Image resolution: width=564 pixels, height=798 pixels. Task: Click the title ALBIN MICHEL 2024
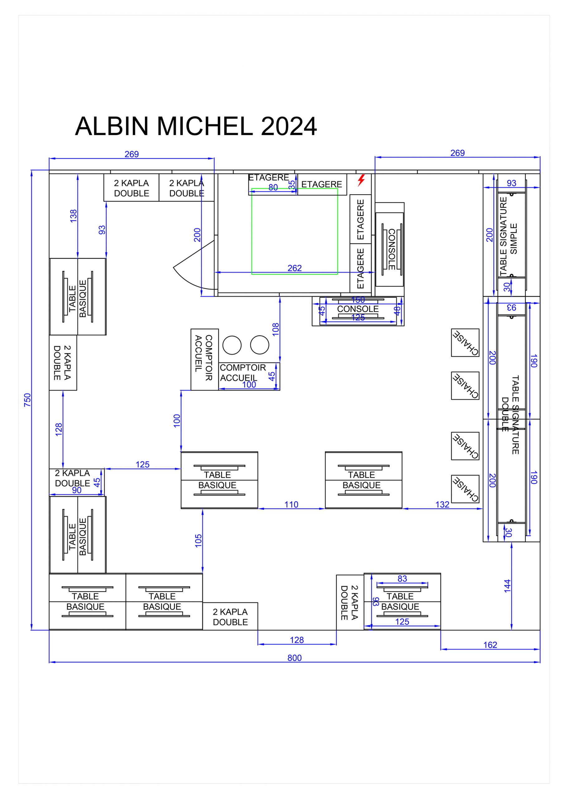[x=196, y=126]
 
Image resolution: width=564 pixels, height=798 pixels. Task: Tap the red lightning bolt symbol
[x=361, y=180]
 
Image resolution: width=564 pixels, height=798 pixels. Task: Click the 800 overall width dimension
[x=294, y=658]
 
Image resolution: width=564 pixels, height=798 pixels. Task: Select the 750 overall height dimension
[x=27, y=400]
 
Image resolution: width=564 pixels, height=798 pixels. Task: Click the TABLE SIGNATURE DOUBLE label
[x=510, y=415]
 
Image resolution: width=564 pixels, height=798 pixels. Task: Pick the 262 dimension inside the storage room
[x=295, y=268]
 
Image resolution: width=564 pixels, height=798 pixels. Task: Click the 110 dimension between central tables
[x=292, y=504]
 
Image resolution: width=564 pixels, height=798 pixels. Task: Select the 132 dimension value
[x=442, y=504]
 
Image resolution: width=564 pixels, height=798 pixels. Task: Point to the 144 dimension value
[x=507, y=586]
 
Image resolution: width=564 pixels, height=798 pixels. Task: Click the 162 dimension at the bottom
[x=490, y=645]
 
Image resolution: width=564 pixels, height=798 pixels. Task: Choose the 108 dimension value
[x=275, y=329]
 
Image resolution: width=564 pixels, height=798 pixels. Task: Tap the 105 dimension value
[x=198, y=541]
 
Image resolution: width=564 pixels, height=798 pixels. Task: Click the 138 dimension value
[x=73, y=216]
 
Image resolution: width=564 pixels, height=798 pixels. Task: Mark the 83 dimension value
[x=402, y=578]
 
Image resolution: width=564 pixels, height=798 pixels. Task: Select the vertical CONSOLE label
[x=392, y=249]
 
